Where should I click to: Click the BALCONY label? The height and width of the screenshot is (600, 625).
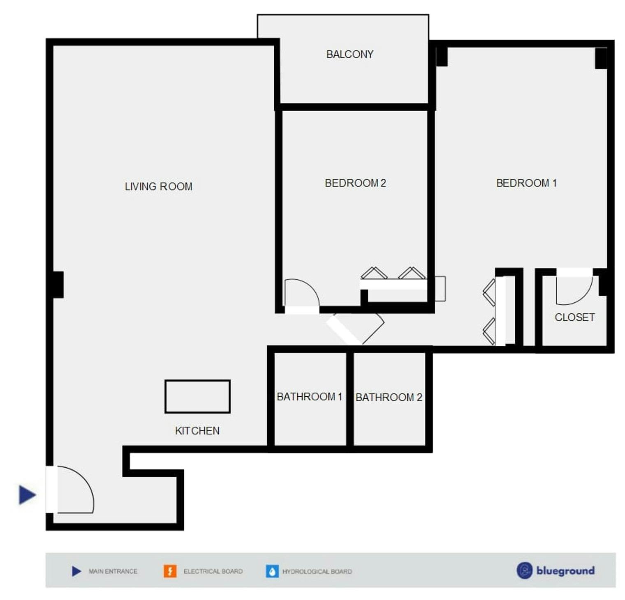coord(350,54)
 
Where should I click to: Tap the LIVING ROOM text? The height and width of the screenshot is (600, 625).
coord(158,186)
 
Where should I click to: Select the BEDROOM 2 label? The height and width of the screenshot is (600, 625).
coord(355,183)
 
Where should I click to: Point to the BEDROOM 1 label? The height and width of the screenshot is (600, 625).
coord(526,183)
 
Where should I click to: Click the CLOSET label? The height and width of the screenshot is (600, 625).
coord(574,317)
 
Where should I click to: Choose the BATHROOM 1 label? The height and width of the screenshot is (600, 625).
coord(309,397)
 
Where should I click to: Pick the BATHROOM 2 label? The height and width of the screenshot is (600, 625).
coord(389,398)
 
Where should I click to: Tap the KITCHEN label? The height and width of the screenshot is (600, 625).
coord(197,431)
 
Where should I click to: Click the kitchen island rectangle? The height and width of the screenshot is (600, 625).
coord(197,396)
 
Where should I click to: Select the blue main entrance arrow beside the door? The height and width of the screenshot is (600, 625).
coord(27,494)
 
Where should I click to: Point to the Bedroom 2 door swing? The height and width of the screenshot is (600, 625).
coord(302,292)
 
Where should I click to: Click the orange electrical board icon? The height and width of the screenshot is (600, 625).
coord(170,571)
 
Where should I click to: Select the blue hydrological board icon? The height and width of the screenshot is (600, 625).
coord(272,571)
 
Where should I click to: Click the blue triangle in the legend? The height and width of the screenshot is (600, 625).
coord(76,571)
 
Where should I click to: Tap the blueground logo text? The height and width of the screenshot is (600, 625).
coord(565,571)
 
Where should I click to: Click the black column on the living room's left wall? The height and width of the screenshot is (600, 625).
coord(57,285)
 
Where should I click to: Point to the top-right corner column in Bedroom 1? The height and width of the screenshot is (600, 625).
coord(601,58)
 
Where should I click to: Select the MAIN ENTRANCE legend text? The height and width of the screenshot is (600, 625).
coord(113,571)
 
